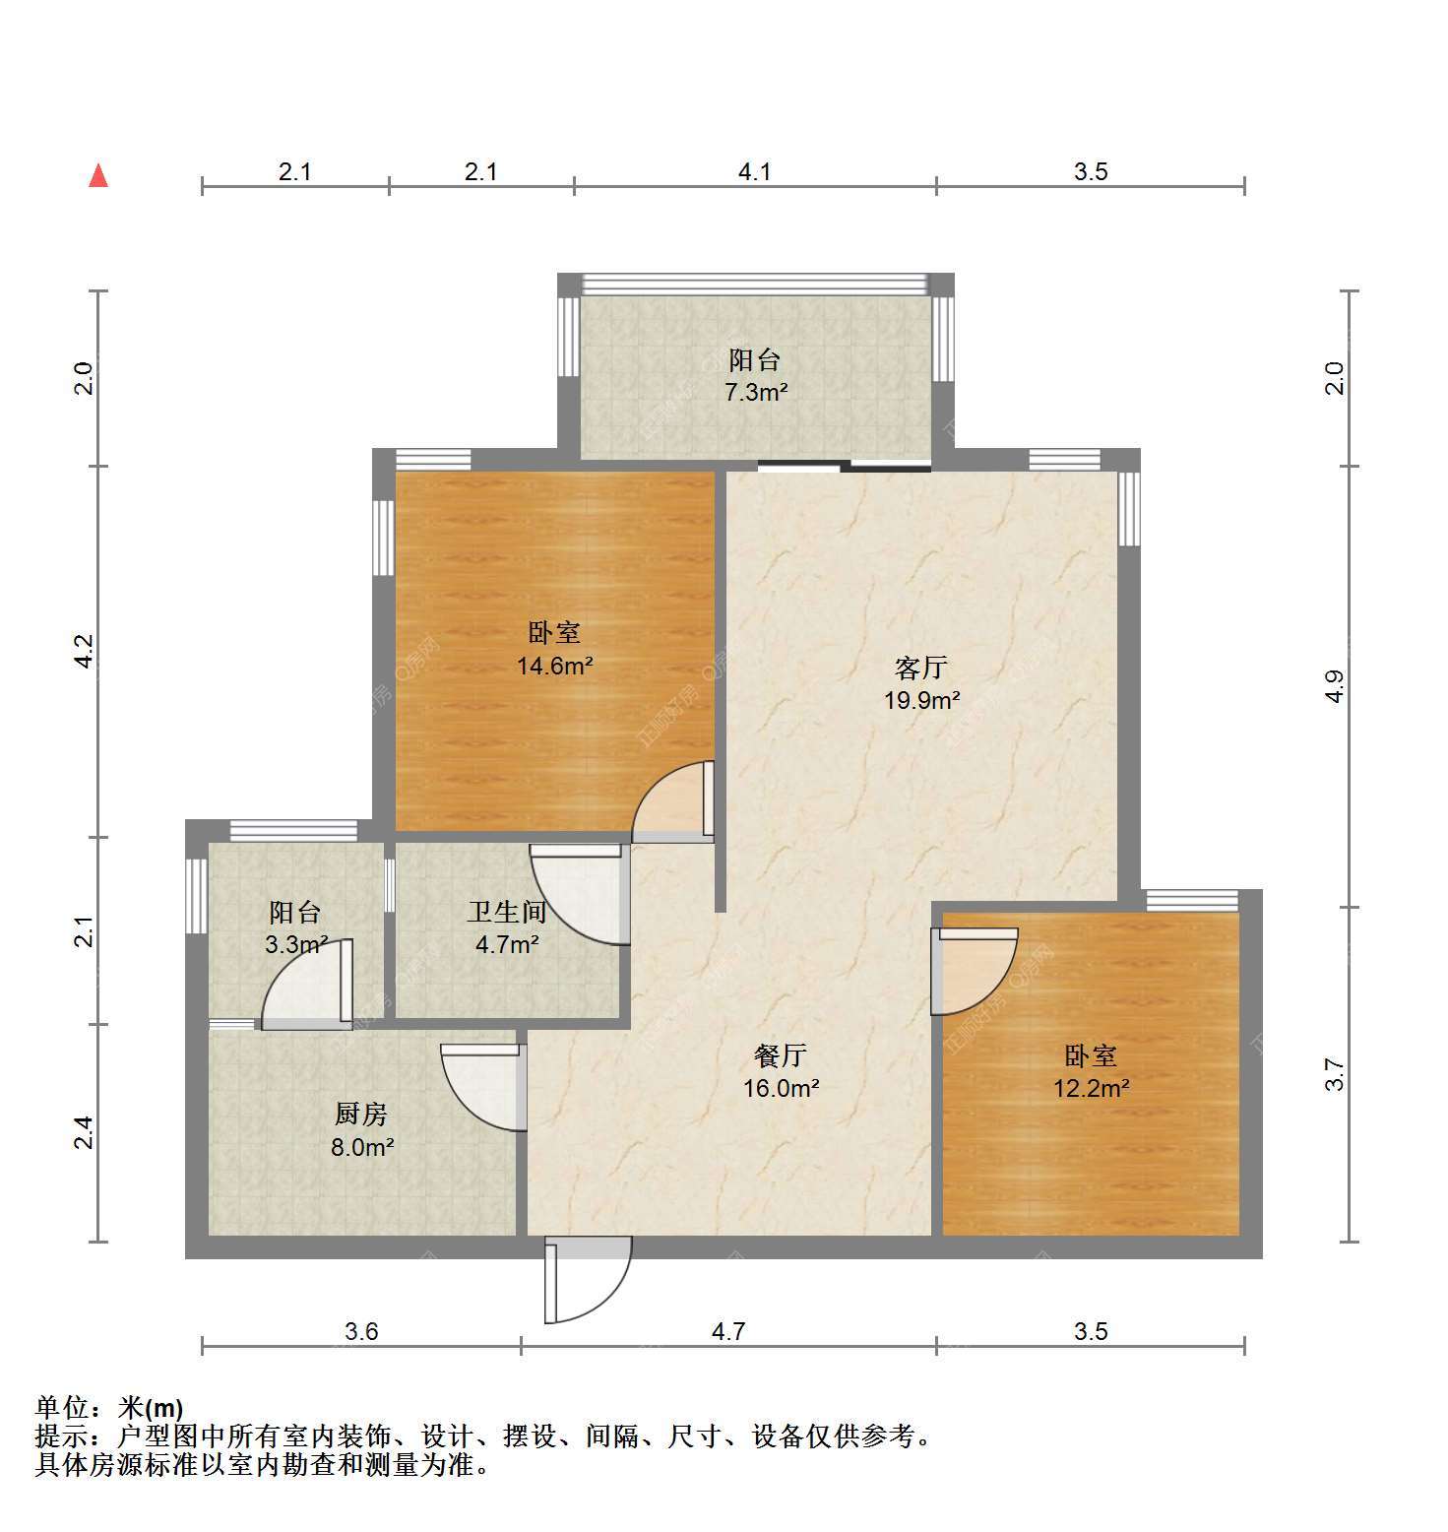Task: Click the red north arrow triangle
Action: (98, 175)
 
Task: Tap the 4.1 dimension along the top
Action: (755, 171)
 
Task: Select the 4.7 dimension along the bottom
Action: (728, 1331)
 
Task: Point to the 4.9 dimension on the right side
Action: (1334, 685)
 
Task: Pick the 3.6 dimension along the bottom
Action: (361, 1331)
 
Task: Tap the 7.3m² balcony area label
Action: (756, 392)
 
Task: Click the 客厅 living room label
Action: (921, 668)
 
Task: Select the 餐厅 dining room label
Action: (781, 1055)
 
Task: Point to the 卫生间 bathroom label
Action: (507, 912)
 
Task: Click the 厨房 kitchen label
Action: (361, 1114)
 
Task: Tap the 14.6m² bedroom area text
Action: (555, 666)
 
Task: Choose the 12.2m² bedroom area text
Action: (1091, 1088)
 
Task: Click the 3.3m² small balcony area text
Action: (296, 945)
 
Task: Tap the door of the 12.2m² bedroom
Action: (974, 972)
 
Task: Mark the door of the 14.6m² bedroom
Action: (672, 801)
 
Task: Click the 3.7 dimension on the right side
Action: (1334, 1073)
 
